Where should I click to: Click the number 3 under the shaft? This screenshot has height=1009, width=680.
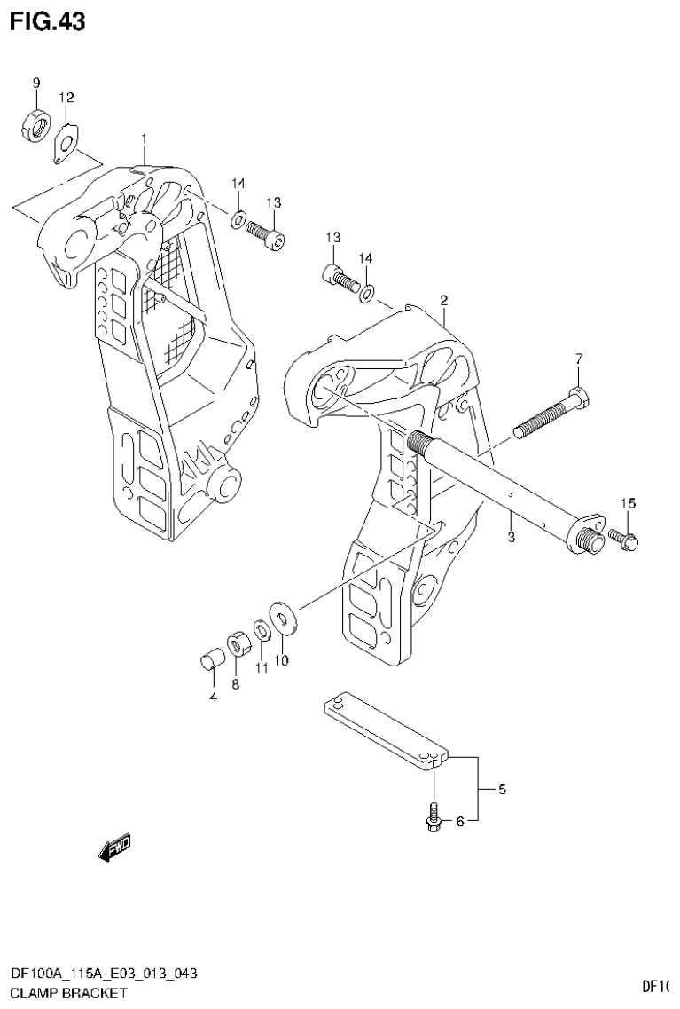[x=511, y=537]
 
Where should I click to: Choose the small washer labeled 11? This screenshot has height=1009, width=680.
[x=262, y=631]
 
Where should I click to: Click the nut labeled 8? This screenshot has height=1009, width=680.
[x=237, y=643]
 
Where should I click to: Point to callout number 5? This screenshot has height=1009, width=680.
[x=502, y=789]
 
